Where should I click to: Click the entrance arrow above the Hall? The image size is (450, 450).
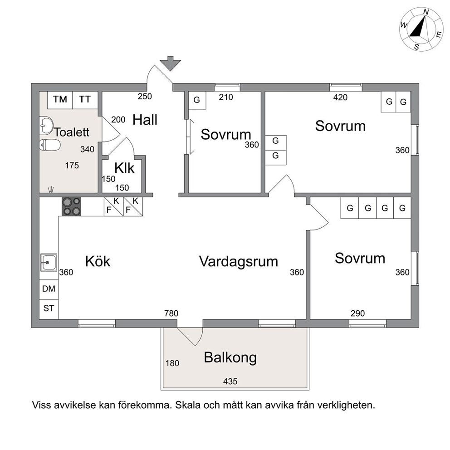tap(171, 63)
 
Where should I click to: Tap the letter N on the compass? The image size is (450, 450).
tap(426, 12)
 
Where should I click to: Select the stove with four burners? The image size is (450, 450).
tap(72, 207)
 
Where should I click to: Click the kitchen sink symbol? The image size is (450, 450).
tap(49, 262)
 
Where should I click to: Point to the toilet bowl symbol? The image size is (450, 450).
tap(49, 145)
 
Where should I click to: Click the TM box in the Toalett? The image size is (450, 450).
tap(60, 100)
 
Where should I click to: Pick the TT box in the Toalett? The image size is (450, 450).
tap(85, 100)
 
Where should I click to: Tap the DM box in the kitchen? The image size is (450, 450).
tap(49, 289)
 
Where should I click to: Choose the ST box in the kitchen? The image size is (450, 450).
tap(49, 309)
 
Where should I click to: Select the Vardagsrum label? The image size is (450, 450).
tap(239, 262)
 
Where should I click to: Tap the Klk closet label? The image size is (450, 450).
tap(124, 168)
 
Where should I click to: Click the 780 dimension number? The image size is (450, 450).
tap(171, 313)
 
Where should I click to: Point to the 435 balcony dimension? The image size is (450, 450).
tap(230, 382)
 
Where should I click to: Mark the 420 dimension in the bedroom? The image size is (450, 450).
tap(340, 98)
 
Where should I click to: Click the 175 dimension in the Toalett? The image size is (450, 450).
tap(72, 166)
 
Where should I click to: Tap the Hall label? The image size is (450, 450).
tap(145, 120)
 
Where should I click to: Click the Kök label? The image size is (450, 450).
tap(98, 261)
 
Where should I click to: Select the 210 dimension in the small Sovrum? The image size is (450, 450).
tap(226, 98)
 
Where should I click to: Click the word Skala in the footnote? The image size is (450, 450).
tap(188, 405)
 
